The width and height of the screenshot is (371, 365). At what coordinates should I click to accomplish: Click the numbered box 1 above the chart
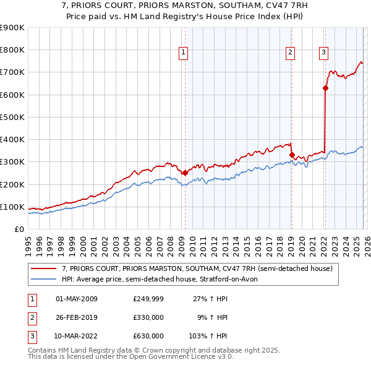tap(184, 53)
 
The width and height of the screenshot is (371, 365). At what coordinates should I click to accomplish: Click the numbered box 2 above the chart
tap(290, 53)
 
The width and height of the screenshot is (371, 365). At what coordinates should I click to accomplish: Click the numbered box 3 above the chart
tap(323, 53)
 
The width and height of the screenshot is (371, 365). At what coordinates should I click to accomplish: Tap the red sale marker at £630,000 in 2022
tap(325, 88)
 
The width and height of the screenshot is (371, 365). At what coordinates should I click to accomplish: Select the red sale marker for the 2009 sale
tap(184, 173)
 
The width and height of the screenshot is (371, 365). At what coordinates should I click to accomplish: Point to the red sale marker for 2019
tap(292, 155)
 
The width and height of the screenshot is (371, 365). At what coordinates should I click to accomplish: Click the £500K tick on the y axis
tap(12, 117)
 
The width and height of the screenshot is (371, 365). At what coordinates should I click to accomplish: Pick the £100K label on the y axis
tap(12, 207)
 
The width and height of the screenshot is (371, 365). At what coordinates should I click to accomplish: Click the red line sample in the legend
tap(45, 268)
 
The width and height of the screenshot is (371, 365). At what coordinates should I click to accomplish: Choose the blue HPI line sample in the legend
tap(45, 279)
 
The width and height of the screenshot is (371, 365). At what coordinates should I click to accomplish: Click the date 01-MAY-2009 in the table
tap(77, 299)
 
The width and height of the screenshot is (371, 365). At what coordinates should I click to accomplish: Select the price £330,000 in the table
tap(148, 317)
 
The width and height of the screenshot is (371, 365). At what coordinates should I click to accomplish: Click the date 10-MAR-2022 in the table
tap(77, 336)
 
